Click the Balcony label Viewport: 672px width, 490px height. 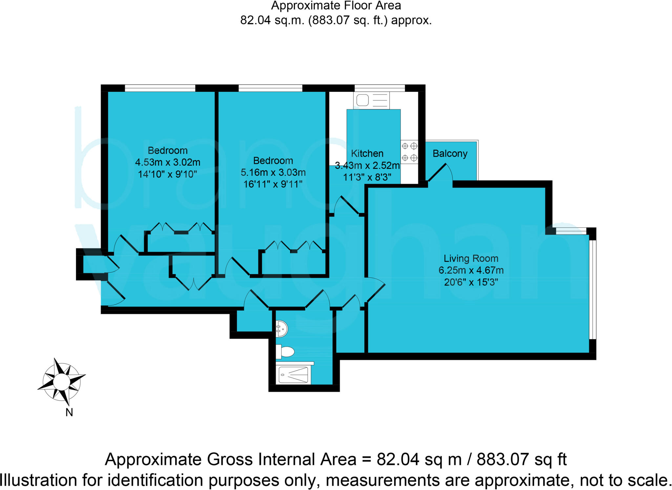point(450,154)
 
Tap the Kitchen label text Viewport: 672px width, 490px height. point(367,154)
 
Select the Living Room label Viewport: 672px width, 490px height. point(471,259)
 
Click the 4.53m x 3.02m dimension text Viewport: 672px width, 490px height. point(167,162)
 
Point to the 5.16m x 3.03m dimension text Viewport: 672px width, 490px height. point(273,173)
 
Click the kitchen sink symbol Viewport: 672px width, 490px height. point(371,100)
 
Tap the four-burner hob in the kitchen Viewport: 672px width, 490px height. point(409,152)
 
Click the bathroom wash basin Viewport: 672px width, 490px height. point(282,329)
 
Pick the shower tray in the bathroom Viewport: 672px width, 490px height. point(293,375)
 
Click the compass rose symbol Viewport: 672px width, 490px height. point(61,382)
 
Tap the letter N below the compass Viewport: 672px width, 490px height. point(69,413)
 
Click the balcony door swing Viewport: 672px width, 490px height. point(441,173)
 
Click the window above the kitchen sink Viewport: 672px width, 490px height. point(380,88)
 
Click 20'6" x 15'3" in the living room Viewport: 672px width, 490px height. point(471,282)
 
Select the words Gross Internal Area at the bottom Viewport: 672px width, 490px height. point(281,459)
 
